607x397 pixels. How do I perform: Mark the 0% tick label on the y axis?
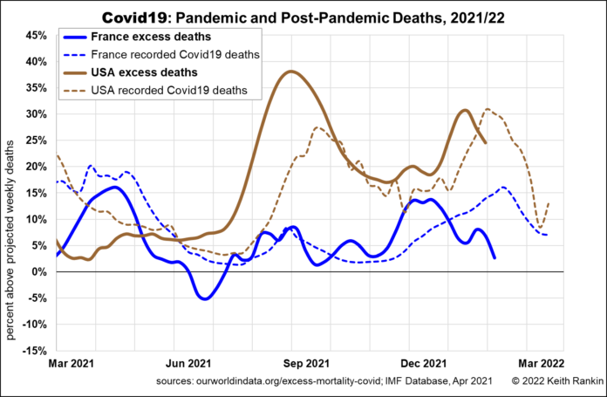pos(38,271)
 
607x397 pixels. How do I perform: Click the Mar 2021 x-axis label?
pos(72,363)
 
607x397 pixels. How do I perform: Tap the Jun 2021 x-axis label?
pos(189,363)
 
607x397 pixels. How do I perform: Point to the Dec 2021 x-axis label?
pos(425,363)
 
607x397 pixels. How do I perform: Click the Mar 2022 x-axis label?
pos(541,363)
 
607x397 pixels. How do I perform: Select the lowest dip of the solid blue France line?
pos(205,298)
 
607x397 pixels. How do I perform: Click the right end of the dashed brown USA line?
pos(549,204)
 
